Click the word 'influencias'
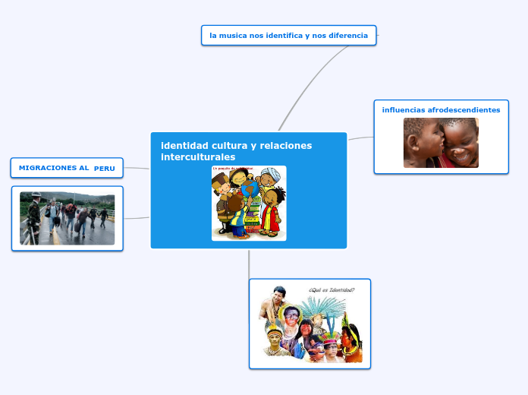403,110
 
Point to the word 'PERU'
105,169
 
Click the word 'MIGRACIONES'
54,168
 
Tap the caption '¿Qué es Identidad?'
331,289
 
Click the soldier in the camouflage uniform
33,217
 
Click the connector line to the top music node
311,75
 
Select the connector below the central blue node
249,263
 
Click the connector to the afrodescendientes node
360,137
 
